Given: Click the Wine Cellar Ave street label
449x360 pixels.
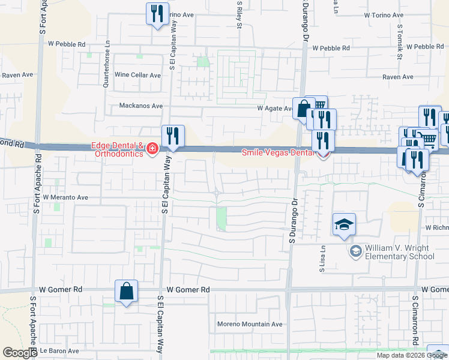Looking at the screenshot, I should (x=138, y=75).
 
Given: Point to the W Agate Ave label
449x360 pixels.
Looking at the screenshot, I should (x=275, y=109).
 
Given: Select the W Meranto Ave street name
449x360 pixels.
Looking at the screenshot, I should (x=61, y=197).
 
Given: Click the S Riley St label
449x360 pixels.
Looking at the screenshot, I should (x=239, y=15).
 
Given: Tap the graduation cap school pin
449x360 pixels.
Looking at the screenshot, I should (x=344, y=226).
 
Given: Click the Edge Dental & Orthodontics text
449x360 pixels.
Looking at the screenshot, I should (x=117, y=149).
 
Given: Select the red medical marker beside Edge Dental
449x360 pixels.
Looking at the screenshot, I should (x=152, y=148).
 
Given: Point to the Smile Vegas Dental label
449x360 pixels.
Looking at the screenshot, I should (x=277, y=152).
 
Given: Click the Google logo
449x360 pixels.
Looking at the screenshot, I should (x=20, y=353).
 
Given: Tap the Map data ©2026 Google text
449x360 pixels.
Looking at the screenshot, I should (x=411, y=355).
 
